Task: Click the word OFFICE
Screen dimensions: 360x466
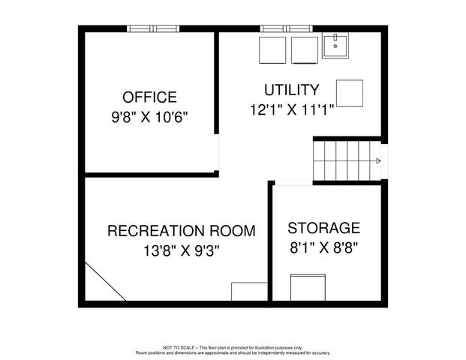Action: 150,97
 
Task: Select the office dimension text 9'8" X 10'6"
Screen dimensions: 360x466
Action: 150,117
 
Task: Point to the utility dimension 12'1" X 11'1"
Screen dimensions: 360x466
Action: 292,109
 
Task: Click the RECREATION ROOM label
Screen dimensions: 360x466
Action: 181,230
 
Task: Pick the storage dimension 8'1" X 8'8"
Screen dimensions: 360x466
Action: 324,247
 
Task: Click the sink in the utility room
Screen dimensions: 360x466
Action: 335,46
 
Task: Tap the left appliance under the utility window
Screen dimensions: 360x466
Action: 272,49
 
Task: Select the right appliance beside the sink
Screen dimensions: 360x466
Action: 304,49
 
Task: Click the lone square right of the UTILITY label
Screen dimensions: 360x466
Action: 349,93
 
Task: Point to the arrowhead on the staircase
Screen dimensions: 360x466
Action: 376,160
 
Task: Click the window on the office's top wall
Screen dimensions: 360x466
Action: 153,28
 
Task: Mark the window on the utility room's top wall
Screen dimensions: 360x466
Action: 287,28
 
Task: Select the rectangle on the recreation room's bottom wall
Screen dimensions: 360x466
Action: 249,291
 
